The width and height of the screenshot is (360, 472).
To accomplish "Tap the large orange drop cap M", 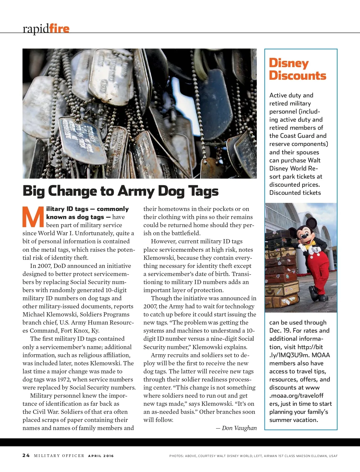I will pos(33,217).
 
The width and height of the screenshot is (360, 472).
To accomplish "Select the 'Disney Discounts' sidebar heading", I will pos(297,69).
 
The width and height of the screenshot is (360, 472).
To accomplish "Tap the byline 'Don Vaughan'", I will pos(239,428).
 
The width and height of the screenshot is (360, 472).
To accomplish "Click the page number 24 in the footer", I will pos(26,456).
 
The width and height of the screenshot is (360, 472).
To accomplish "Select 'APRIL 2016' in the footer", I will pos(101,456).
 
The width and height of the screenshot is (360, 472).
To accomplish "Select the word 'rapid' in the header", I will pos(36,29).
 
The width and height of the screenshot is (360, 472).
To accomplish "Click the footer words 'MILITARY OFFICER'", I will pos(59,456).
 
